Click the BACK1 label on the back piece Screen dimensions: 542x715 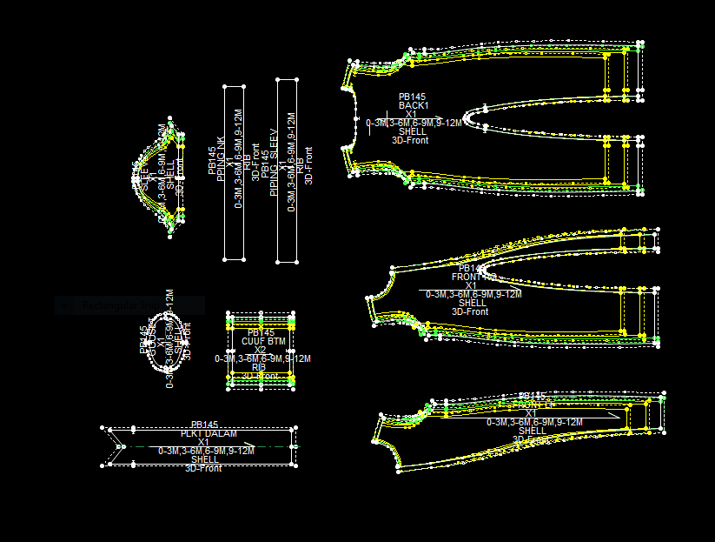pos(413,105)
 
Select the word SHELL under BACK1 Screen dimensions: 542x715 pos(412,131)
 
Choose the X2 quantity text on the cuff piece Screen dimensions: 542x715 pos(260,350)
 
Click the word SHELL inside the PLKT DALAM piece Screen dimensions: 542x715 pos(205,459)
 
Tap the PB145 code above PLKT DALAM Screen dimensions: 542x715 pos(204,425)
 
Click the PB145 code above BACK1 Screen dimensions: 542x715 pos(412,97)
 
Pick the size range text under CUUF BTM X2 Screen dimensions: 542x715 pos(262,358)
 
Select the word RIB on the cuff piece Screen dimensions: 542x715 pos(259,367)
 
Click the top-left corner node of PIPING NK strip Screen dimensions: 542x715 pos(225,87)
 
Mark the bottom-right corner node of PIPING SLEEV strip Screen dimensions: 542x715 pos(296,260)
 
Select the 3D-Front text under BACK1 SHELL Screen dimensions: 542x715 pos(410,140)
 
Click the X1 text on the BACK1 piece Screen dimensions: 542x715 pos(412,114)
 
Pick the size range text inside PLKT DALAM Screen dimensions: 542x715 pos(206,451)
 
